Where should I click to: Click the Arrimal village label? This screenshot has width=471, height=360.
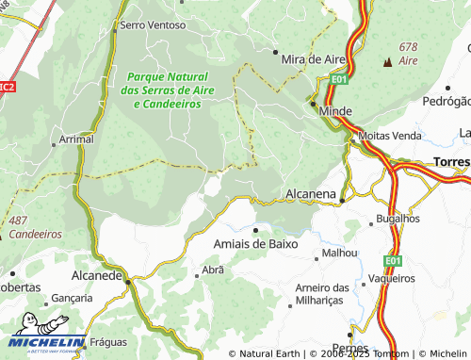pos(76,139)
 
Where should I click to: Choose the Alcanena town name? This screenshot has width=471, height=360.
pos(310,195)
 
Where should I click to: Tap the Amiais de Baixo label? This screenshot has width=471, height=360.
pos(255,243)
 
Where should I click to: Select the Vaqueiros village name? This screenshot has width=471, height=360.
pos(392,278)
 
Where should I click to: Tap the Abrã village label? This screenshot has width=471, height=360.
pos(213,270)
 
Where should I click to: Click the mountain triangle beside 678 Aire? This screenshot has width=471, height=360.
pos(387,62)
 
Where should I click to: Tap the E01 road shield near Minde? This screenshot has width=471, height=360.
pos(340,81)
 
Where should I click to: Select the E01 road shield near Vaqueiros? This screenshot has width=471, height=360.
pos(393,259)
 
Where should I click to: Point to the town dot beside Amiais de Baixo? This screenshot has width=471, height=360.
pos(255,229)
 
